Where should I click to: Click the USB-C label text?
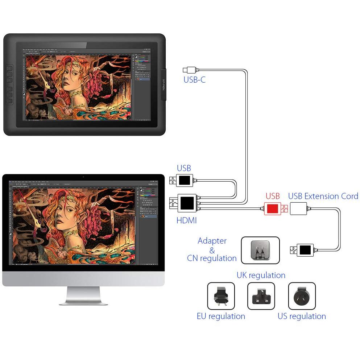coord(194,80)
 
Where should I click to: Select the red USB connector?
coord(273,208)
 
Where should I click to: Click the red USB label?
coord(273,196)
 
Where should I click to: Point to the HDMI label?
coord(186,220)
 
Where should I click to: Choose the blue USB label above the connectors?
coord(184,168)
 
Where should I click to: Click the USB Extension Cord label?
coord(323,196)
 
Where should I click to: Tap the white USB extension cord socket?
coord(298,208)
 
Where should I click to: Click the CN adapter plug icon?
coord(260,250)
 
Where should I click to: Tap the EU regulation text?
coord(221,316)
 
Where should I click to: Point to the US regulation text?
coord(302,316)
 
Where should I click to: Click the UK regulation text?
coord(261,275)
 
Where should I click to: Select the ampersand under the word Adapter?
coord(212,250)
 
